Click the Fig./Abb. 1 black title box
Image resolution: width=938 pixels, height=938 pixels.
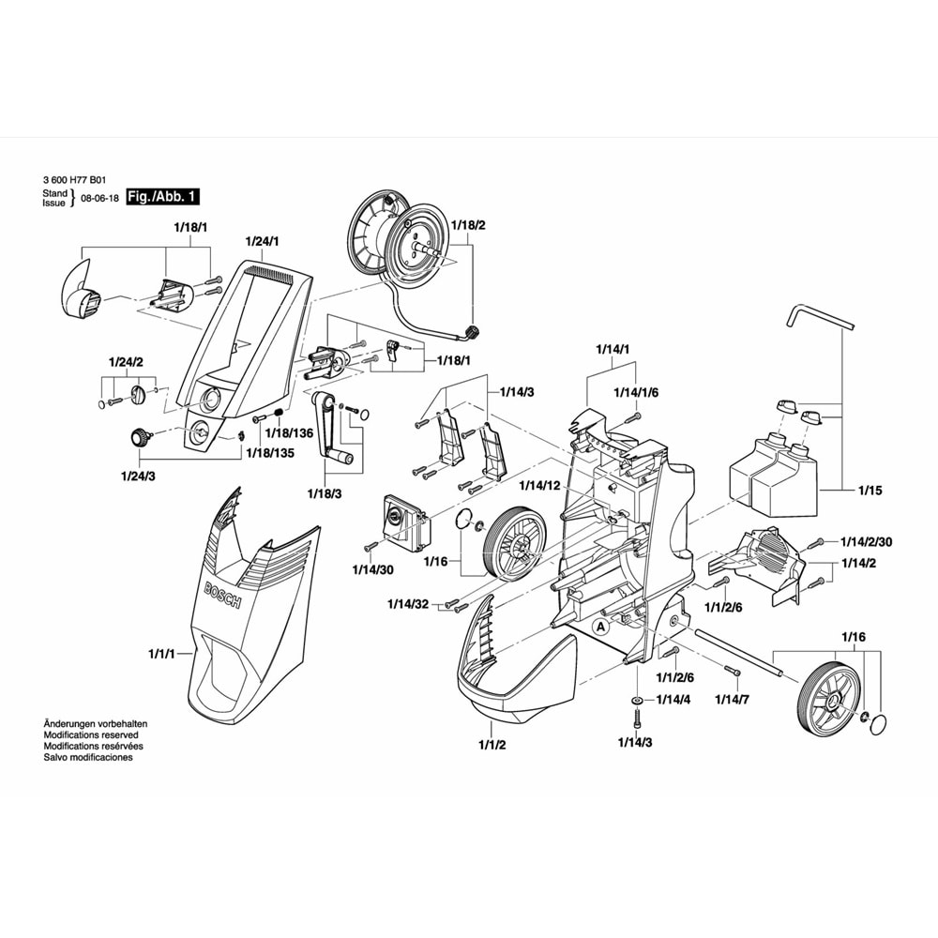[x=162, y=197]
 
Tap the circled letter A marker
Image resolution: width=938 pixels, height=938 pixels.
[x=600, y=627]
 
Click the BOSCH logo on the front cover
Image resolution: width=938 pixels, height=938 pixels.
[x=222, y=595]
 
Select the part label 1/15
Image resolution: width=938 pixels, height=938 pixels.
[x=870, y=491]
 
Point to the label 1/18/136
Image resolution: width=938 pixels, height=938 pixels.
[x=290, y=433]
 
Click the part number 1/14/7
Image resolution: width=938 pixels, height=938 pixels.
[x=733, y=699]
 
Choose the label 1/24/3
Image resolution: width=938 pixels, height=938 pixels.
[x=138, y=477]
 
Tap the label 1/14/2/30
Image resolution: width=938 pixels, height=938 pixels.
[x=866, y=542]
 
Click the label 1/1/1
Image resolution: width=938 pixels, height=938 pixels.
[x=161, y=654]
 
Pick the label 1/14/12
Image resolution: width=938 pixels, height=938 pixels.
[x=539, y=485]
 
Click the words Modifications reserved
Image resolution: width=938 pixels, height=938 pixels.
[x=91, y=734]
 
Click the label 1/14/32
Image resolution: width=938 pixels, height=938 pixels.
[x=408, y=603]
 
